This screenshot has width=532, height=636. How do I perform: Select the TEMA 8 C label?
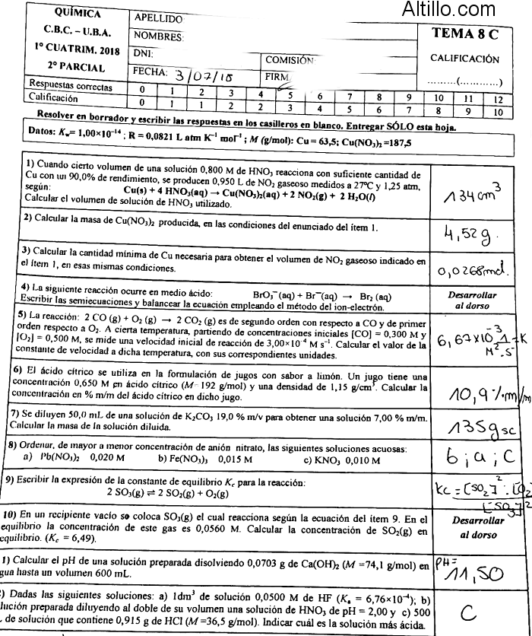coord(466,33)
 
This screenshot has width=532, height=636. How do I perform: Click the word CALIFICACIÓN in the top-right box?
coord(464,59)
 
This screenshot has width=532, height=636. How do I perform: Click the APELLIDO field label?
coord(158,17)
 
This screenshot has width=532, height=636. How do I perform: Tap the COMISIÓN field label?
coord(290,59)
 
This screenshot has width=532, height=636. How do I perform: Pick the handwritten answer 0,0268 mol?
coord(471,267)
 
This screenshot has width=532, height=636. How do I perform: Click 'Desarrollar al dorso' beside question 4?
coord(472,301)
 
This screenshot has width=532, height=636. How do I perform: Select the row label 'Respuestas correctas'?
coord(70,84)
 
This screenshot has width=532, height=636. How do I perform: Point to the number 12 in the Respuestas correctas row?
coord(497,99)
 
